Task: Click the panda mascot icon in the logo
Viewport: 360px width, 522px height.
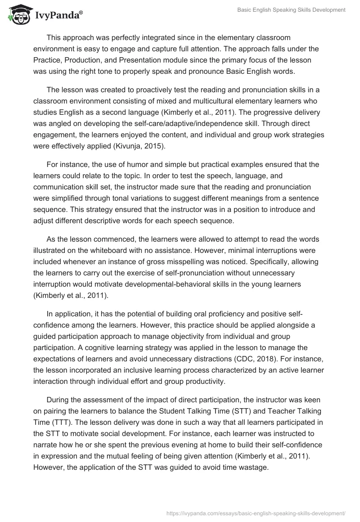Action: [18, 16]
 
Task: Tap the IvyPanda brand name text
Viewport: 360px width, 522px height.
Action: [57, 16]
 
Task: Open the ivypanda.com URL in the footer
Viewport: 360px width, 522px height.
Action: [256, 513]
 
